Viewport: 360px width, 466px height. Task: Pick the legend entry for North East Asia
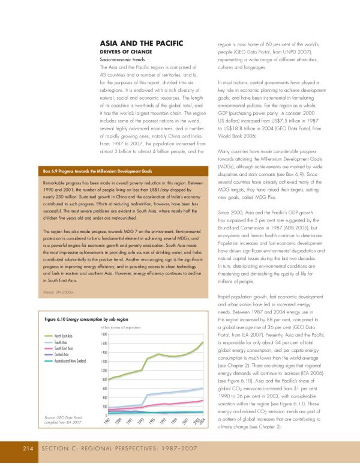click(x=63, y=336)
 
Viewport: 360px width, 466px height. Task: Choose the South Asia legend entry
click(x=60, y=342)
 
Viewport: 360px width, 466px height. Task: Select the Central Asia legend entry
click(x=61, y=354)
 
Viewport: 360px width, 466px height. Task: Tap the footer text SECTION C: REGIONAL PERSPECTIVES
click(x=102, y=448)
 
